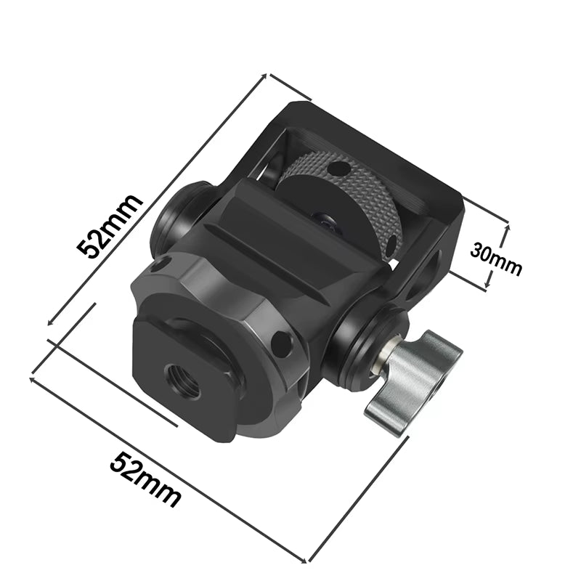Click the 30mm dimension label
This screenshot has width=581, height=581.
[x=496, y=259]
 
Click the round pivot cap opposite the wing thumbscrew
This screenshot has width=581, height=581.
[x=170, y=218]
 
